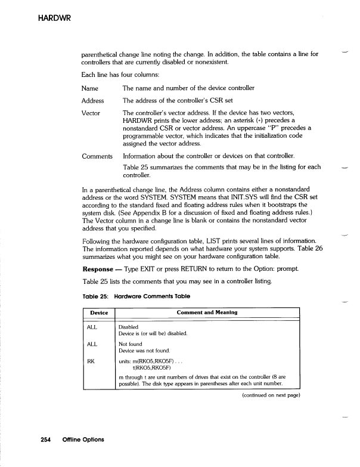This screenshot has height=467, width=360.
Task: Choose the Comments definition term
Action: [97, 156]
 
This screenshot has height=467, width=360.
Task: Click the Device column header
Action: [98, 312]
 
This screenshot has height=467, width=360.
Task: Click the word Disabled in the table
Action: [129, 327]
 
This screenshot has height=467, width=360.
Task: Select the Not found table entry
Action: [131, 344]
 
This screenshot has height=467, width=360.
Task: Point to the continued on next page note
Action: [269, 395]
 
